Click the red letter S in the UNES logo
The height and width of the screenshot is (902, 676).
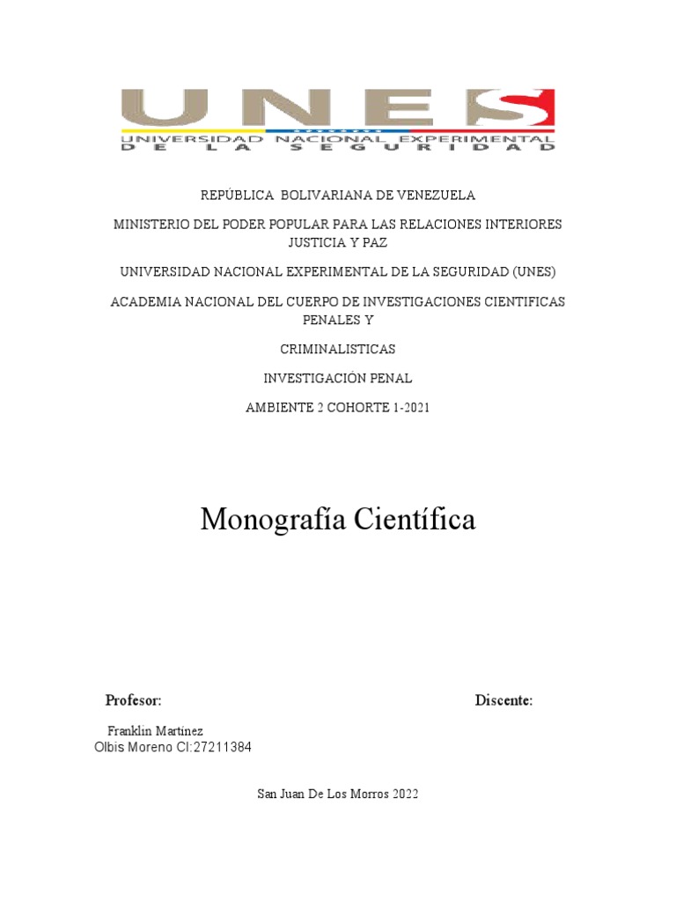pyautogui.click(x=511, y=109)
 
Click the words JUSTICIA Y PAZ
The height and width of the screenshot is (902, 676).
pyautogui.click(x=338, y=241)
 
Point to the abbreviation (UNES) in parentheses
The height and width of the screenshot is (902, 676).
pyautogui.click(x=531, y=271)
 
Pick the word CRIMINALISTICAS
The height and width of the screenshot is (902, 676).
pyautogui.click(x=338, y=349)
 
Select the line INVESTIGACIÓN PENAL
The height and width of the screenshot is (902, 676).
pyautogui.click(x=338, y=379)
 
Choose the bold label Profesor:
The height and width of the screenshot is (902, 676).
pyautogui.click(x=133, y=700)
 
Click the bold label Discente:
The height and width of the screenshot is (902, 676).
pyautogui.click(x=503, y=700)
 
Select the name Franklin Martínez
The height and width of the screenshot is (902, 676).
pyautogui.click(x=155, y=731)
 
